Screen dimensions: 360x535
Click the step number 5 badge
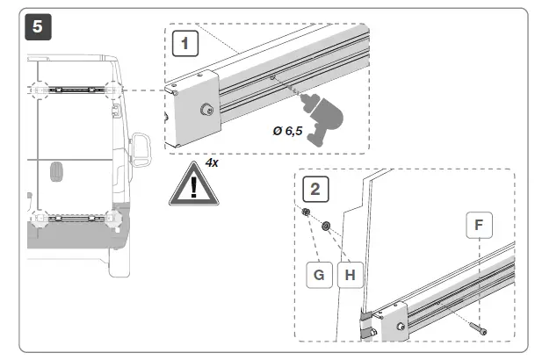tap(36, 26)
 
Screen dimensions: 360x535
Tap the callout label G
tap(317, 274)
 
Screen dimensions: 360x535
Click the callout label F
tap(478, 225)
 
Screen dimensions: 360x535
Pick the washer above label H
tap(326, 227)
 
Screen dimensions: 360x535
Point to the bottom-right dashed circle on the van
tap(112, 216)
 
